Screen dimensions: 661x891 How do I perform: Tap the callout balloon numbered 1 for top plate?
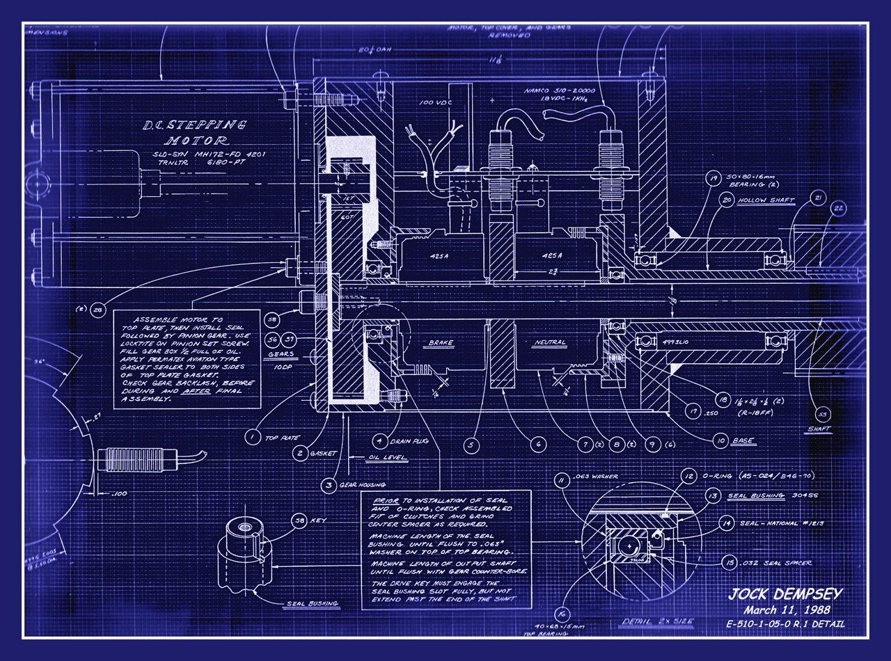click(x=249, y=438)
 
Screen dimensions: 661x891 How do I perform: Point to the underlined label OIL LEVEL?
click(x=387, y=458)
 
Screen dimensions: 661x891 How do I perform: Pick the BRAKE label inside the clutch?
click(x=441, y=343)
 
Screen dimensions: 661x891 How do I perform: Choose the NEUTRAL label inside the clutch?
click(x=551, y=343)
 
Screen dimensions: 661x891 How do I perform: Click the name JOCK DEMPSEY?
click(x=785, y=595)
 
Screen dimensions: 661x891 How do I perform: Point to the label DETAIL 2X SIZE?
click(x=649, y=620)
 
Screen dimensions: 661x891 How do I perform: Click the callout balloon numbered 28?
click(x=97, y=310)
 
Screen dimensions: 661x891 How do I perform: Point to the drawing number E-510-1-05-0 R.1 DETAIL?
click(x=785, y=624)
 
